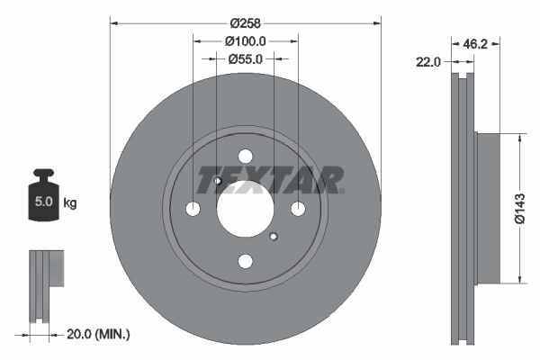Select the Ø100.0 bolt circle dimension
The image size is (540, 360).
point(245,40)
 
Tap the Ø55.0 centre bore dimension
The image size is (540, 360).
point(245,58)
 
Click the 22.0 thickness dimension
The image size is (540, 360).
point(428,62)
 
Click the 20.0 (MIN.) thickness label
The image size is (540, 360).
point(98,335)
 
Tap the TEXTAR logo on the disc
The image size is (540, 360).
point(269,180)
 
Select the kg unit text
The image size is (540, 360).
point(70,203)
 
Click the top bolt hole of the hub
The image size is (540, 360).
point(245,156)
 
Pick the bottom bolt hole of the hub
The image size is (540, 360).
point(245,261)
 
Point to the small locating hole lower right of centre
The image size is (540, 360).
point(273,237)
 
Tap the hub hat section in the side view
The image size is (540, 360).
point(486,208)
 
